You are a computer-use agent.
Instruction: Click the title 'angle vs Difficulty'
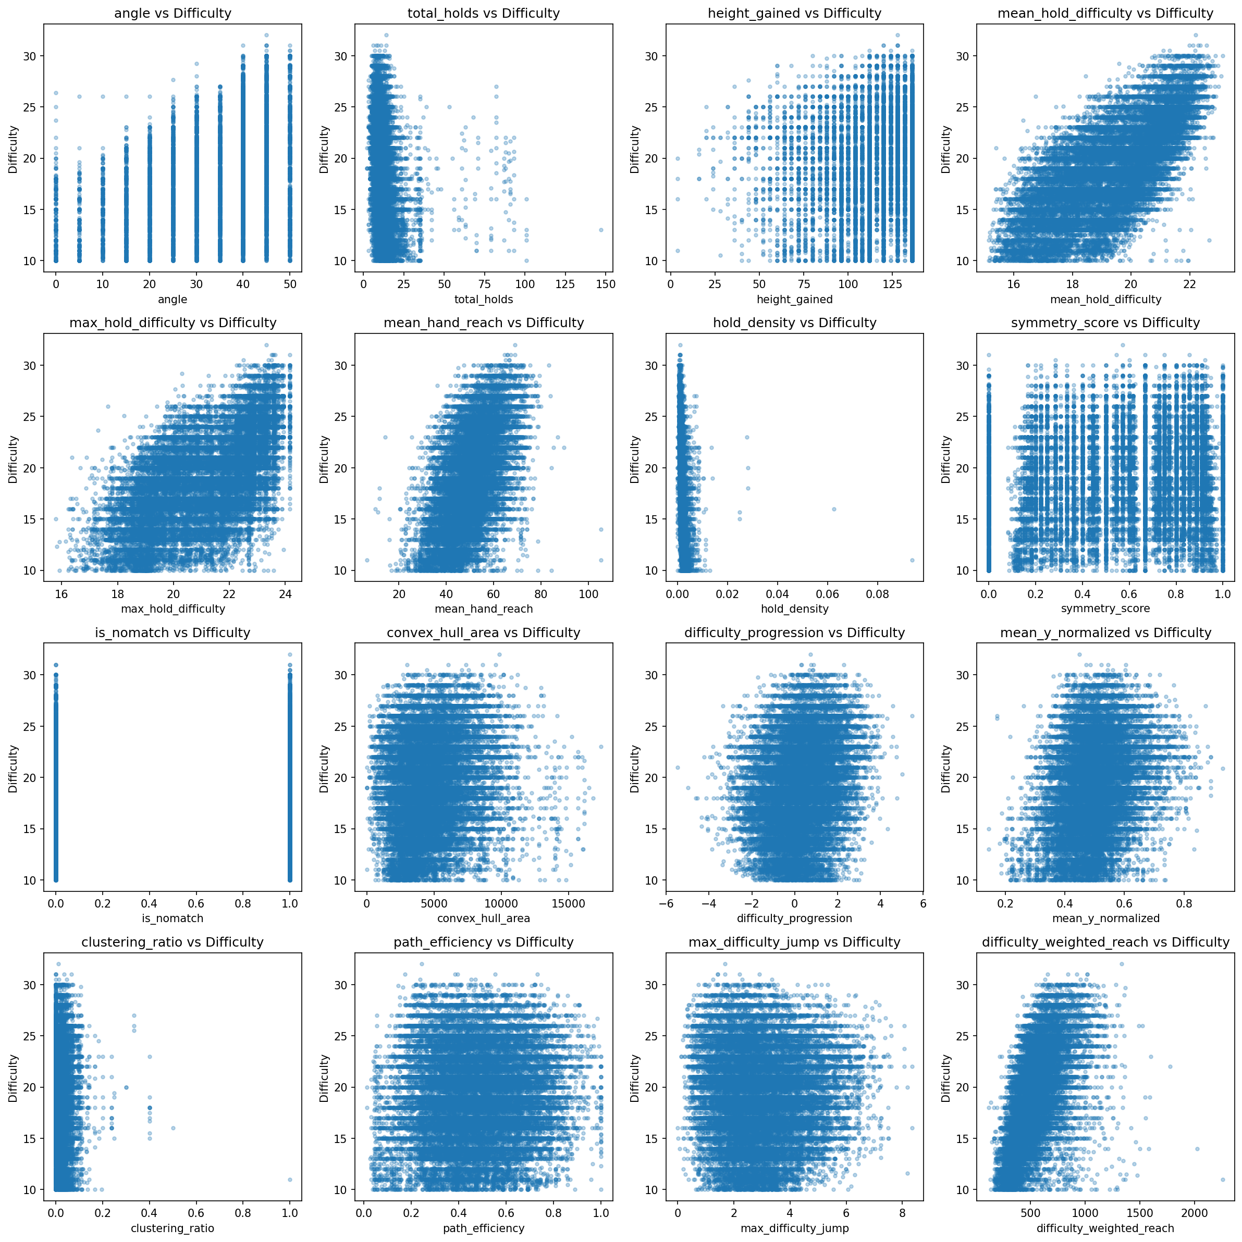(173, 13)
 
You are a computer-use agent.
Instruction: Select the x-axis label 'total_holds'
(483, 299)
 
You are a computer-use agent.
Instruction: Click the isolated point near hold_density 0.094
(912, 560)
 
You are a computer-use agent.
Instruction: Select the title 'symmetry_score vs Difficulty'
(1105, 322)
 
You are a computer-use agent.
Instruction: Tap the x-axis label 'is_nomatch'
(173, 918)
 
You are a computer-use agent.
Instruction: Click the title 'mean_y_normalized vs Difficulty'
(1105, 632)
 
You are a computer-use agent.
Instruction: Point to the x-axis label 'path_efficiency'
(483, 1228)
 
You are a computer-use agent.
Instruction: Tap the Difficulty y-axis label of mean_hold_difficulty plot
(945, 149)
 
